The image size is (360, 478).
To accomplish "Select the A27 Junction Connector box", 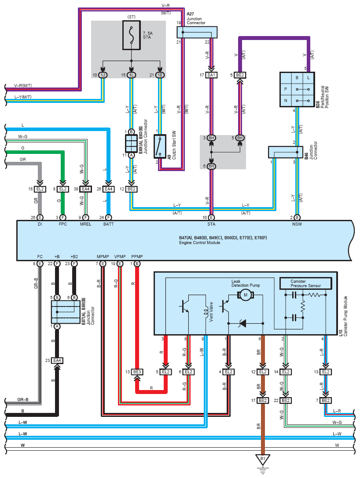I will click(197, 32).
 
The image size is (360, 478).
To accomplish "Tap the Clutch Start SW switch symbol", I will click(159, 146).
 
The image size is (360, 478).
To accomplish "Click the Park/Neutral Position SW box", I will click(297, 89).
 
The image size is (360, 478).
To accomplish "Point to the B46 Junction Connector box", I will click(285, 152).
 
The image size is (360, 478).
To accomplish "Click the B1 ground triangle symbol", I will click(263, 460).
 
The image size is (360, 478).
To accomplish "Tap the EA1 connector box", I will click(211, 75).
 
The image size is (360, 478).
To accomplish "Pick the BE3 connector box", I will click(137, 372).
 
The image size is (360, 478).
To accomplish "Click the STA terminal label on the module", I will click(212, 224).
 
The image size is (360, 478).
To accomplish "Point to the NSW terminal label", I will click(297, 224).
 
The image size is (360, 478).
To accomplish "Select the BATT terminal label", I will click(108, 224).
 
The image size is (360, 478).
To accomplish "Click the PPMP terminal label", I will click(137, 256).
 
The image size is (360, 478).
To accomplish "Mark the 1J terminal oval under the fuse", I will click(103, 75).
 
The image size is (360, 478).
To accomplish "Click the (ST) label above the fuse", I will click(131, 17).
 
